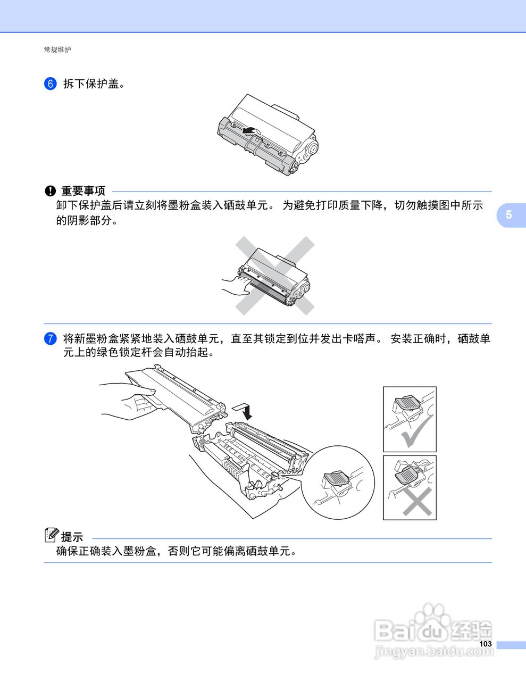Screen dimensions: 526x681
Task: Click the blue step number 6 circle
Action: (x=50, y=84)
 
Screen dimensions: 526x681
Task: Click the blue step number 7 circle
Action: (x=50, y=339)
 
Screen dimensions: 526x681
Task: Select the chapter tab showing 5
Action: (x=511, y=215)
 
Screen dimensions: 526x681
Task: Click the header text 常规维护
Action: (x=57, y=49)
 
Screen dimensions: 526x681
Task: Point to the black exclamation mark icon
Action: (x=50, y=191)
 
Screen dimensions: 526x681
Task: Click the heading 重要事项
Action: (x=83, y=191)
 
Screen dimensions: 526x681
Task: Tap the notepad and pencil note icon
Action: (x=52, y=535)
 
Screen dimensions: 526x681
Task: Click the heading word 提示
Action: (x=72, y=537)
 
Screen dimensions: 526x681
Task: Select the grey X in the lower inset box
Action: (x=417, y=501)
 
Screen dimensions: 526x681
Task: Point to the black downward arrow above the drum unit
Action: (x=244, y=411)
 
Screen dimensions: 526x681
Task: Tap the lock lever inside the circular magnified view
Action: (x=336, y=478)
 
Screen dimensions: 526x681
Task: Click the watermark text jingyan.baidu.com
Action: (x=434, y=652)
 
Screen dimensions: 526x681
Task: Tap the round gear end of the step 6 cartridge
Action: (x=310, y=148)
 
